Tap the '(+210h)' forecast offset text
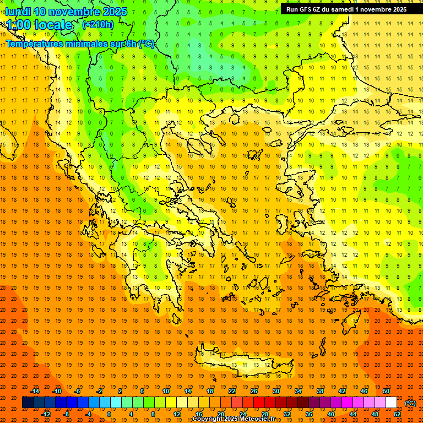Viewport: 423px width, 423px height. tap(97, 24)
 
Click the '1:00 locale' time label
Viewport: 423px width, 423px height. tap(39, 25)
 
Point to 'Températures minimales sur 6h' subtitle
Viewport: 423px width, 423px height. tap(80, 44)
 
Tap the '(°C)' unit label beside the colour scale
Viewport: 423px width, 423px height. tap(410, 403)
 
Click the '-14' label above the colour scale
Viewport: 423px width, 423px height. tap(36, 391)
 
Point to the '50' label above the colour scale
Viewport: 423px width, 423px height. tap(386, 391)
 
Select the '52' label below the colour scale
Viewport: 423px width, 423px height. tap(397, 414)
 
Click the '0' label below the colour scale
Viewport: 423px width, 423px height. tap(109, 414)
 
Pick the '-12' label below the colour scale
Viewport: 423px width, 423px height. tap(46, 414)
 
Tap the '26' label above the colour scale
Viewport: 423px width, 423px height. tap(254, 391)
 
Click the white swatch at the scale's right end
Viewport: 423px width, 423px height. tap(391, 403)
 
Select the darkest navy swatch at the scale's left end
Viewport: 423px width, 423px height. tap(28, 403)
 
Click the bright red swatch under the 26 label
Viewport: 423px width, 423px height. tap(259, 403)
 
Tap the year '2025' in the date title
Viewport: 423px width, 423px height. tap(115, 12)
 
